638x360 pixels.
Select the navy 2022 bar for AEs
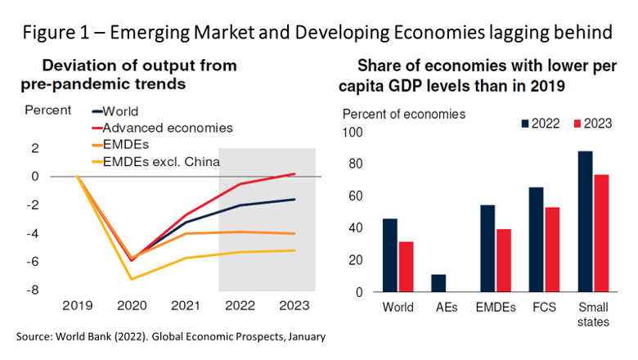(438, 283)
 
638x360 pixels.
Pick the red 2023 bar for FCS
(554, 250)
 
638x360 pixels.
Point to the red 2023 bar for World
(407, 267)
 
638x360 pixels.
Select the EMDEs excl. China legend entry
(168, 161)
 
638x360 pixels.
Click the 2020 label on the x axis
(132, 306)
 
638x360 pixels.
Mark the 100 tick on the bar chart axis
(353, 132)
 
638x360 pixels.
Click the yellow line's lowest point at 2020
(132, 279)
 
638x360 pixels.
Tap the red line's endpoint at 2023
(294, 173)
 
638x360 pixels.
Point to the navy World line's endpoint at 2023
(294, 200)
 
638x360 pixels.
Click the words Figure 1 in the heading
(56, 32)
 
